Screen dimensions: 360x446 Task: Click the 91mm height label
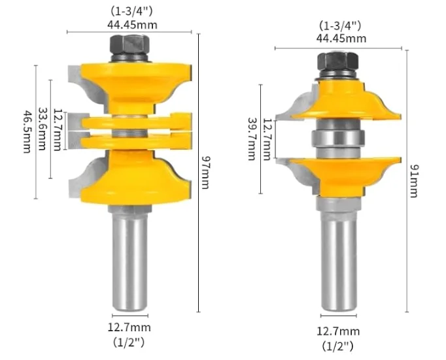[414, 180]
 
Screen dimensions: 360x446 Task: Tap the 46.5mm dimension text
[27, 131]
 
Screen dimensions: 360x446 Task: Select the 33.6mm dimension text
[43, 130]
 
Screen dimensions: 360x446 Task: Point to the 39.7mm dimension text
[251, 139]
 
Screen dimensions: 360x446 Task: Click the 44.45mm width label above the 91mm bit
[341, 38]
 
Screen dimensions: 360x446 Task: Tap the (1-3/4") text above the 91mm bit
[341, 25]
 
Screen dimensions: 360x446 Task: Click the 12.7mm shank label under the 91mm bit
[338, 332]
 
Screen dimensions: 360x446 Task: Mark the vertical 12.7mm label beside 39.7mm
[267, 139]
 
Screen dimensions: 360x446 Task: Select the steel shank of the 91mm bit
[338, 261]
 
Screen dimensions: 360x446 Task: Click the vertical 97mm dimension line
[198, 196]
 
